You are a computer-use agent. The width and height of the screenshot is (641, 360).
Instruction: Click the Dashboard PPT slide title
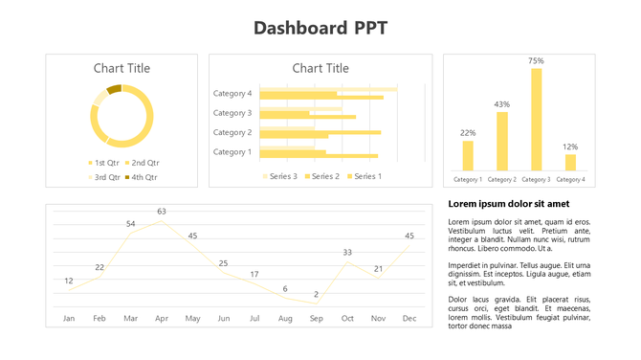click(320, 27)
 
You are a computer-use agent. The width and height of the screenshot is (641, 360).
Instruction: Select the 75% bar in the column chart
click(536, 120)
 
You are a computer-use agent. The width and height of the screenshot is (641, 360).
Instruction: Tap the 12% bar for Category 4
click(570, 162)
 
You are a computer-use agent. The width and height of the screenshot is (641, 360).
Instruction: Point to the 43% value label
click(501, 103)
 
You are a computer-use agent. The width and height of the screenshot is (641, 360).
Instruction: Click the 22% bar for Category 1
click(468, 156)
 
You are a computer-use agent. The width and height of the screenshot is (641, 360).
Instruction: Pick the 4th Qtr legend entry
click(141, 177)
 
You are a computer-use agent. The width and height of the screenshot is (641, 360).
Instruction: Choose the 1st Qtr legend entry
click(103, 163)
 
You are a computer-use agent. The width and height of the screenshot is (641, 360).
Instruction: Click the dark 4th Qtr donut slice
click(114, 89)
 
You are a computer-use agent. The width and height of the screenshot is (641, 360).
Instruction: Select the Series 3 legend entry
click(279, 176)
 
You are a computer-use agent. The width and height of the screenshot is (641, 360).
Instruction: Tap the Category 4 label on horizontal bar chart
click(232, 94)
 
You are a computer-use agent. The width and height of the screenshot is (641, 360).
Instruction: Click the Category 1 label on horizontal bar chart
click(232, 151)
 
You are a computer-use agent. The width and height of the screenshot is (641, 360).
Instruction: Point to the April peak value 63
click(162, 212)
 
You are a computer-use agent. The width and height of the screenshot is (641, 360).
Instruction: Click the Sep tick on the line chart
click(316, 318)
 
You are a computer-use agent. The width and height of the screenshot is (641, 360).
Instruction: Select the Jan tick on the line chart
click(69, 318)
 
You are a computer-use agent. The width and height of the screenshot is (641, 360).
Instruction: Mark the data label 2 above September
click(316, 294)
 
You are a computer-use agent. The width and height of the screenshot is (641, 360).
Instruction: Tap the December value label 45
click(409, 236)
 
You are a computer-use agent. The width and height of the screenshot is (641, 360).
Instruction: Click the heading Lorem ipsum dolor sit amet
click(508, 204)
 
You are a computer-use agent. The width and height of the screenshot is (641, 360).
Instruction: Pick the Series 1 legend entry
click(365, 176)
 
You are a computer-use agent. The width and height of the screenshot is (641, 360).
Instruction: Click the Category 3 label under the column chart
click(536, 180)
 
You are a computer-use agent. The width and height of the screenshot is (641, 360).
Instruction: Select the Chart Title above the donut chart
click(122, 68)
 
